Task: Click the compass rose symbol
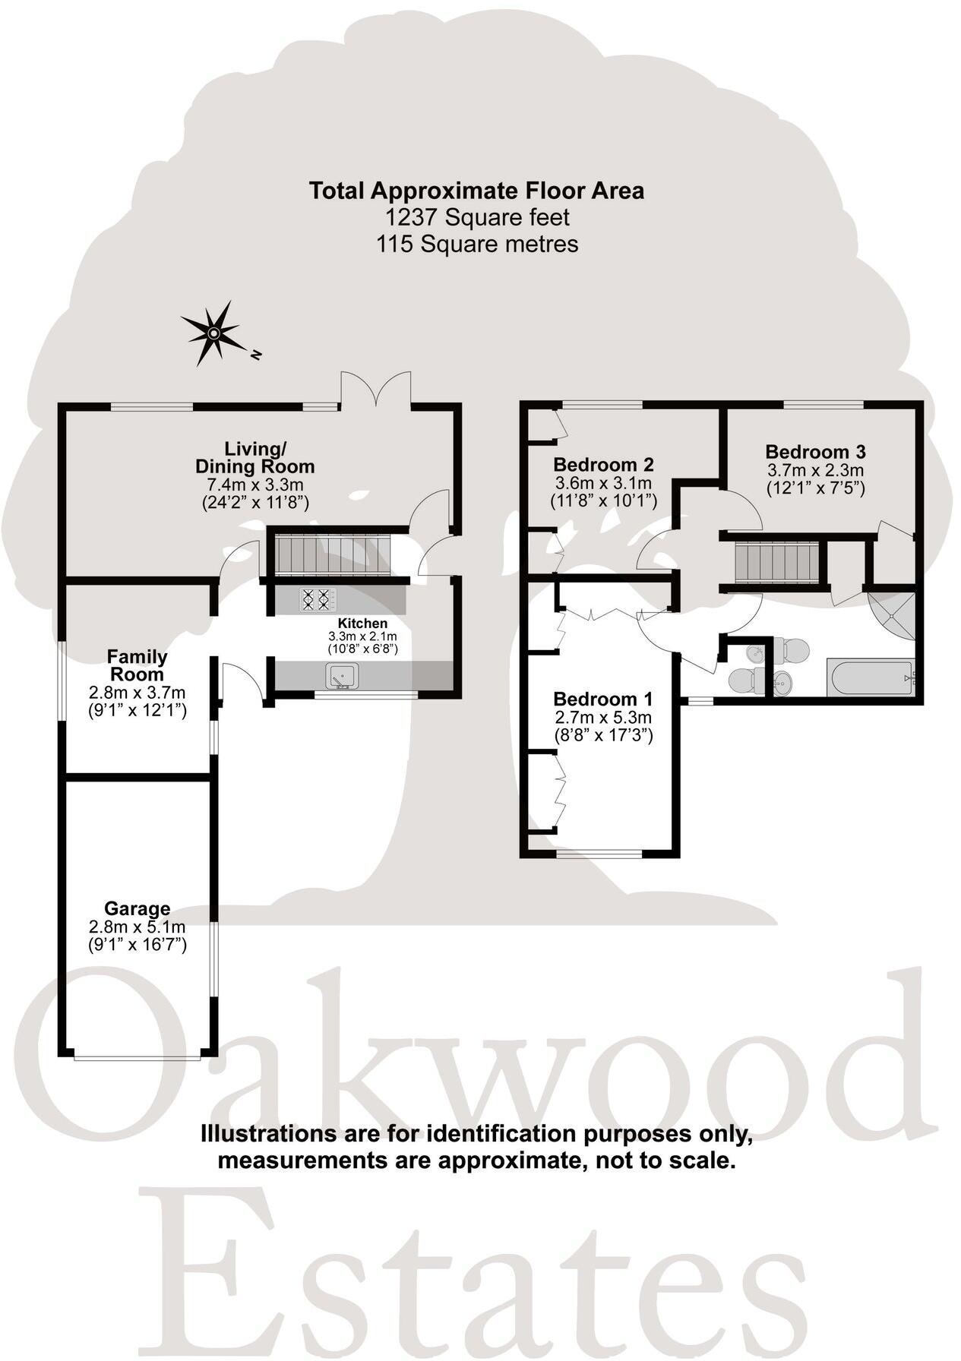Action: [214, 333]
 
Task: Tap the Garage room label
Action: [138, 908]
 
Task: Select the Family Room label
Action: [138, 665]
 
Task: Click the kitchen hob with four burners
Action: [318, 600]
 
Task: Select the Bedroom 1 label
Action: [603, 699]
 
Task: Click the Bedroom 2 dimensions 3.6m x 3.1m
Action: [603, 483]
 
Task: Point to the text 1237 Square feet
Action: [477, 218]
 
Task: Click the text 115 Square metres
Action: [477, 245]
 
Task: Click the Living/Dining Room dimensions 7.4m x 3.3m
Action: [255, 485]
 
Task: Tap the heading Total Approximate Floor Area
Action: [476, 191]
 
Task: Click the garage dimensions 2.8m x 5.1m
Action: [138, 927]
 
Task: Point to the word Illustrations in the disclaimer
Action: [258, 1134]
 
